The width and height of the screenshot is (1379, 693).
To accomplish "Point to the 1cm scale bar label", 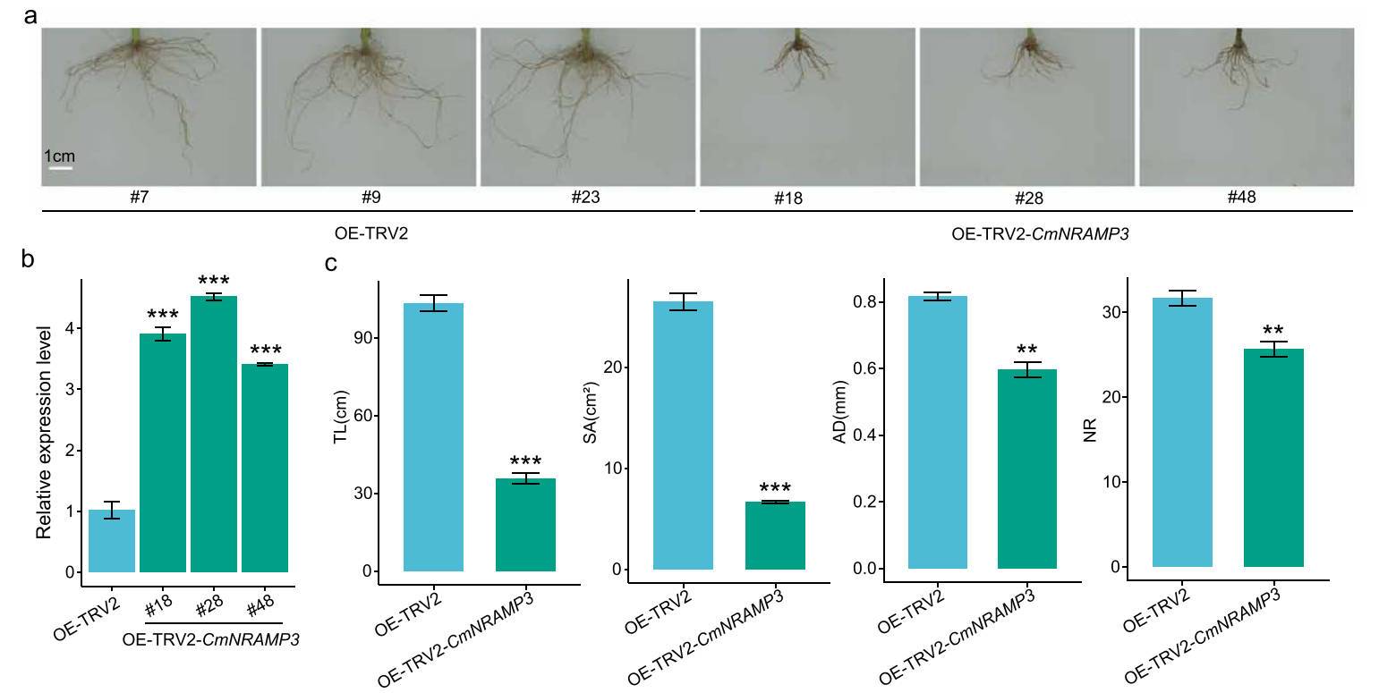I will pos(59,156).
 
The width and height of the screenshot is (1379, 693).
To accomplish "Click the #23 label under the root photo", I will pos(586,198).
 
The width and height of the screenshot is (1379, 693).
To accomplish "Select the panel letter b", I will pos(29,259).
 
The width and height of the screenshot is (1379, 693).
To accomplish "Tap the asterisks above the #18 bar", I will pos(163,314).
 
